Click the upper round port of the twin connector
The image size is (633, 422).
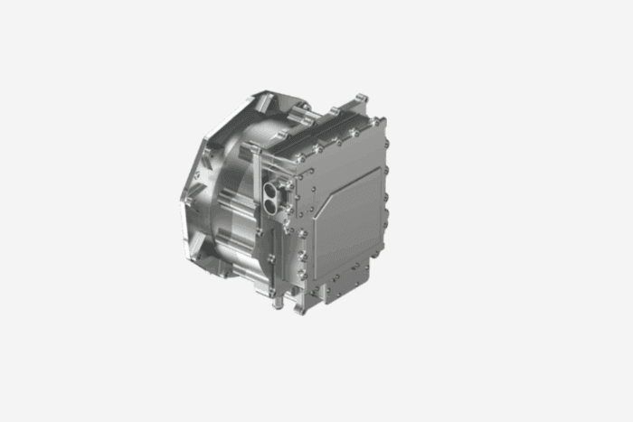[x=271, y=192]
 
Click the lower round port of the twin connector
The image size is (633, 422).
[x=270, y=208]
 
